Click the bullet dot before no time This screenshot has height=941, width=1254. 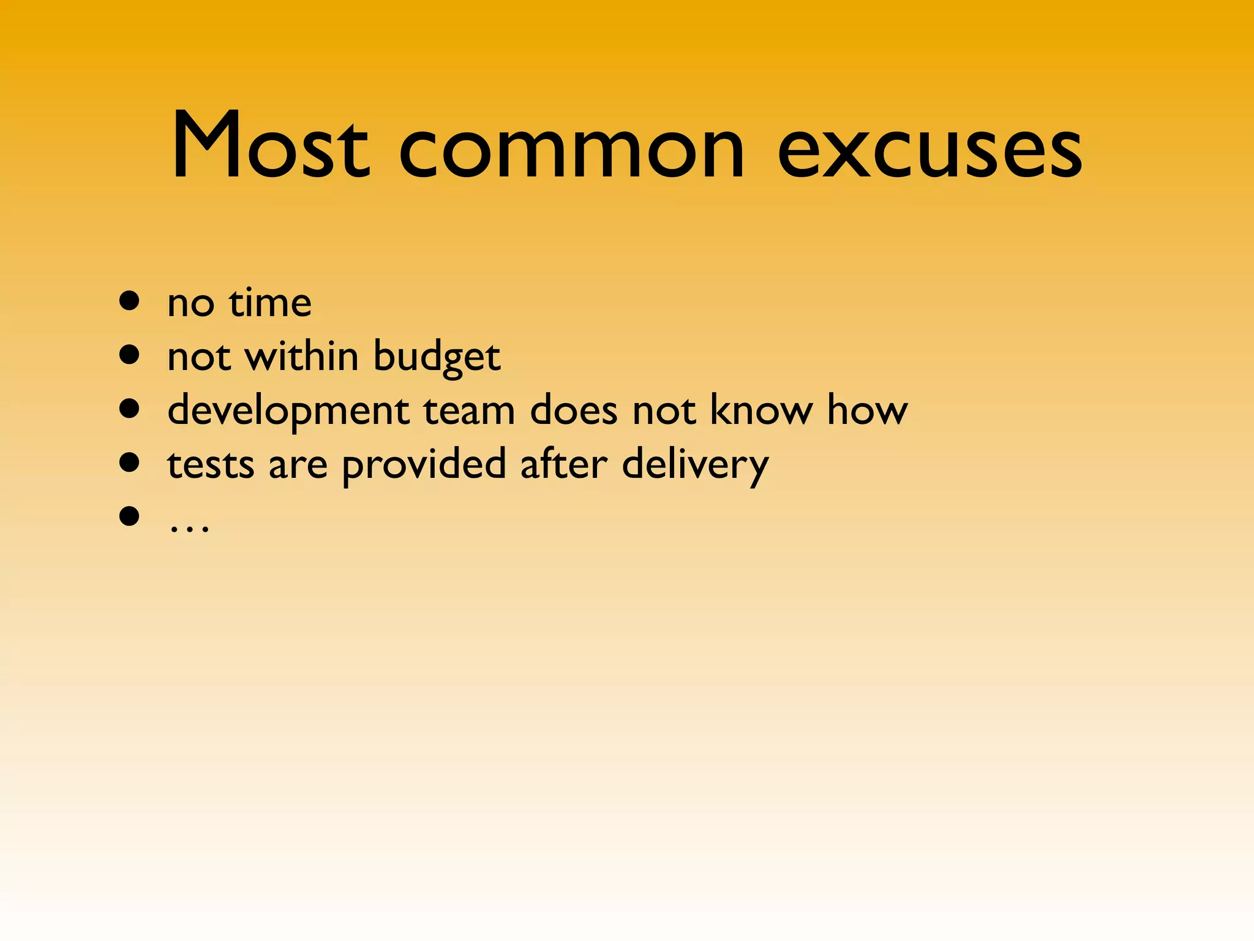pyautogui.click(x=130, y=301)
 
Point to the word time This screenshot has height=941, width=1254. pyautogui.click(x=270, y=303)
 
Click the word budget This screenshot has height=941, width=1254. pyautogui.click(x=437, y=357)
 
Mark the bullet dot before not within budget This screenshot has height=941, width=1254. pyautogui.click(x=130, y=355)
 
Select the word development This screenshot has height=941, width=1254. pyautogui.click(x=288, y=411)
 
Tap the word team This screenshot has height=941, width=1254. pyautogui.click(x=469, y=410)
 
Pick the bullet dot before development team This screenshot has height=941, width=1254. pyautogui.click(x=130, y=409)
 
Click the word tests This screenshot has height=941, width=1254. pyautogui.click(x=211, y=464)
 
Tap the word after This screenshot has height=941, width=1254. pyautogui.click(x=564, y=463)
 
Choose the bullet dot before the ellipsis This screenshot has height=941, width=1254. pyautogui.click(x=130, y=516)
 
